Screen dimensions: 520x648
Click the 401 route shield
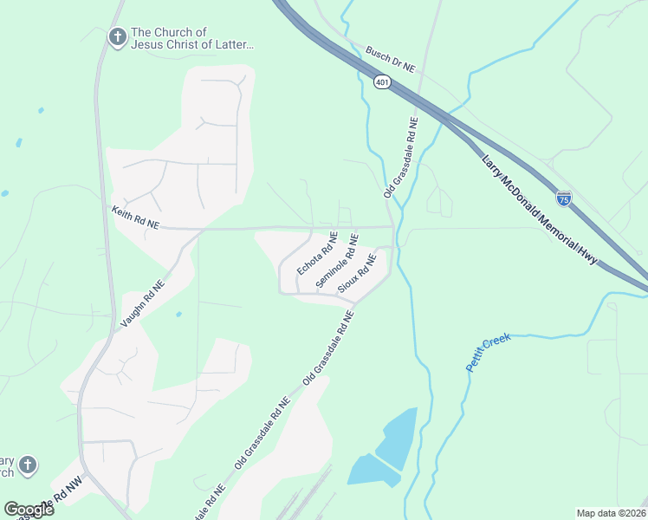(383, 81)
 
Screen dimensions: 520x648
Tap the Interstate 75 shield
(564, 198)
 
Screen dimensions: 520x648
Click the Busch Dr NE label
(391, 60)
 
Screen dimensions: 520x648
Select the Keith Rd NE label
(136, 217)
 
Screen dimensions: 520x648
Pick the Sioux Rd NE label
(357, 273)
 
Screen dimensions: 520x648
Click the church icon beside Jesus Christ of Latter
(117, 37)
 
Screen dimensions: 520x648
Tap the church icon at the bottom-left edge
(28, 466)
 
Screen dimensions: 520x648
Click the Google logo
(29, 509)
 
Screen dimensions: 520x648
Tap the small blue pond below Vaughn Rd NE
(178, 314)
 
